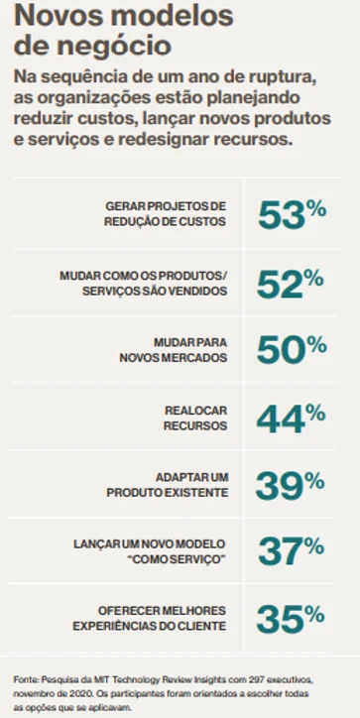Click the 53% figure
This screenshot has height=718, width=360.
(293, 214)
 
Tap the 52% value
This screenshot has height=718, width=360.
(291, 284)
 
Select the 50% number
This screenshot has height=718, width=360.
(292, 349)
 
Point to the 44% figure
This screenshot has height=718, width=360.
(291, 419)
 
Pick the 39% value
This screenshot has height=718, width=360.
(290, 485)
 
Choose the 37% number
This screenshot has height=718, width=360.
(292, 550)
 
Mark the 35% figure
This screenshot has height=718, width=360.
(291, 618)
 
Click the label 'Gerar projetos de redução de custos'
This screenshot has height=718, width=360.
(166, 214)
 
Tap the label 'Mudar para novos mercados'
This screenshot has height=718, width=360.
(174, 350)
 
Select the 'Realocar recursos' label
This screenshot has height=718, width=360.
(195, 419)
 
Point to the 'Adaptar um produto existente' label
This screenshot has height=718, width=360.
(168, 485)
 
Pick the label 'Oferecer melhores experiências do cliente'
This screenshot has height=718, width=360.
(150, 618)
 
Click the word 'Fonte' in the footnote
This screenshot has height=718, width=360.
(23, 678)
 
